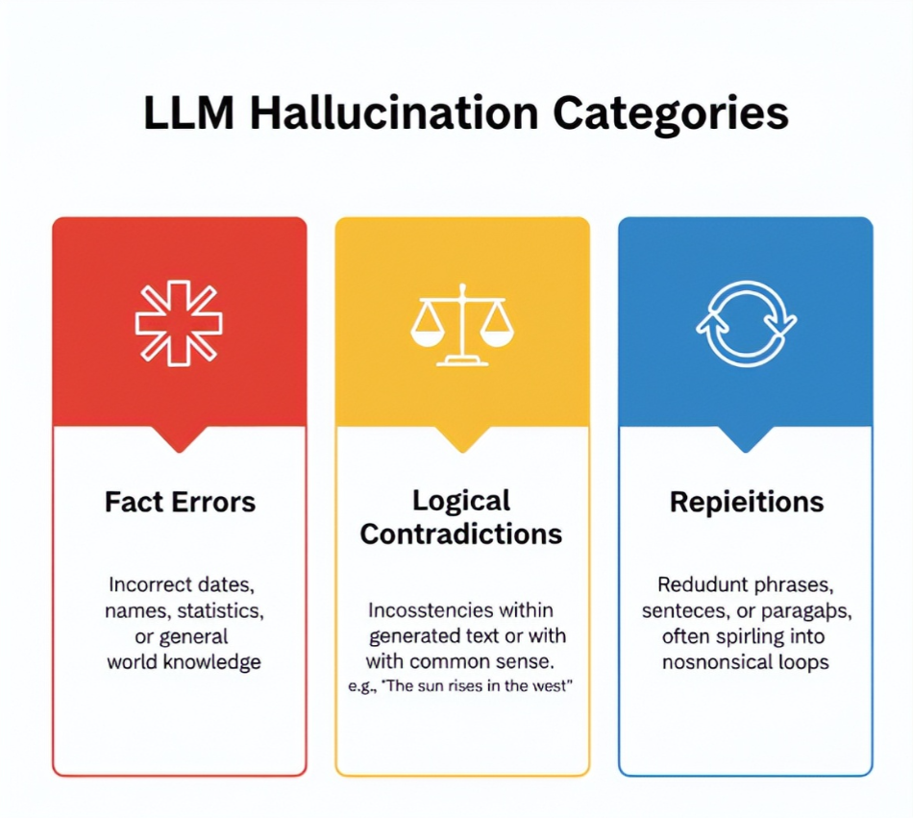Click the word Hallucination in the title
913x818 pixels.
(x=394, y=113)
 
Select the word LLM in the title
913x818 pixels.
(x=188, y=113)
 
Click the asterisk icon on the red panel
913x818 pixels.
(x=179, y=323)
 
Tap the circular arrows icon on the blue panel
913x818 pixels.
(x=746, y=324)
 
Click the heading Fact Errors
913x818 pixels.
(x=180, y=502)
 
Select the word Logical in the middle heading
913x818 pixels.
(x=461, y=501)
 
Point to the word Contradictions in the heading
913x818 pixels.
(x=461, y=533)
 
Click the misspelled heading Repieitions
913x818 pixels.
(x=746, y=502)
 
